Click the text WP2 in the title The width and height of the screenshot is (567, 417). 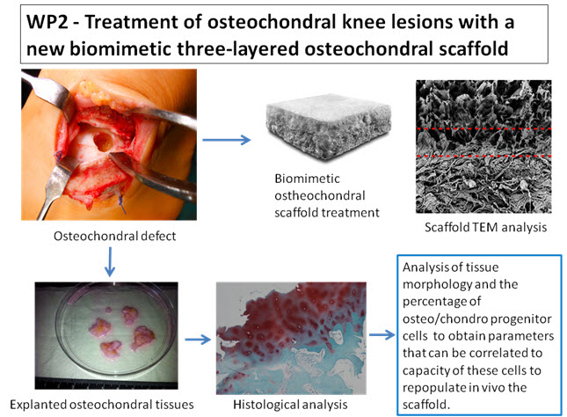pyautogui.click(x=43, y=23)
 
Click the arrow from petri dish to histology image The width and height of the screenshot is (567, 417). pyautogui.click(x=196, y=337)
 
